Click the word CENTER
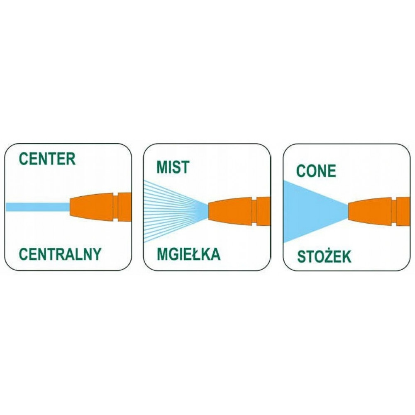pos(47,159)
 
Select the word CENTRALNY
pos(60,254)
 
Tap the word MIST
pos(173,167)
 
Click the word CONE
pos(316,171)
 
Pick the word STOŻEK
pos(324,257)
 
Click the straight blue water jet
pos(37,207)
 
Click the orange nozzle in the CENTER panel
pos(100,207)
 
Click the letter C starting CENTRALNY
pos(24,254)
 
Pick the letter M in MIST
pos(162,167)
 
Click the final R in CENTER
pos(71,159)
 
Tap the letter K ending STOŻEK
pos(346,257)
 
